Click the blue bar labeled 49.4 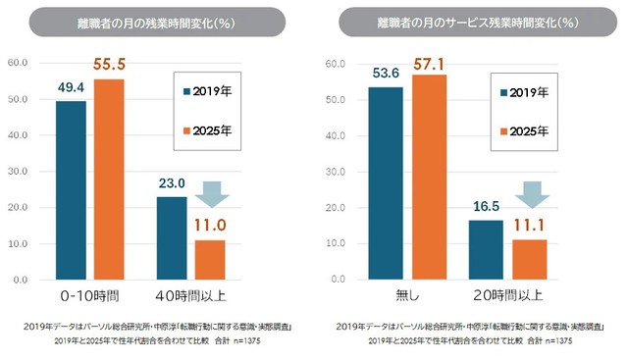[71, 190]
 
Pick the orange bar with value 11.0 [210, 259]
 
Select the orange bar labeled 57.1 [429, 177]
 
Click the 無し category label [406, 294]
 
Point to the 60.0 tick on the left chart [17, 64]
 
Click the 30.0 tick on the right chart [333, 172]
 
